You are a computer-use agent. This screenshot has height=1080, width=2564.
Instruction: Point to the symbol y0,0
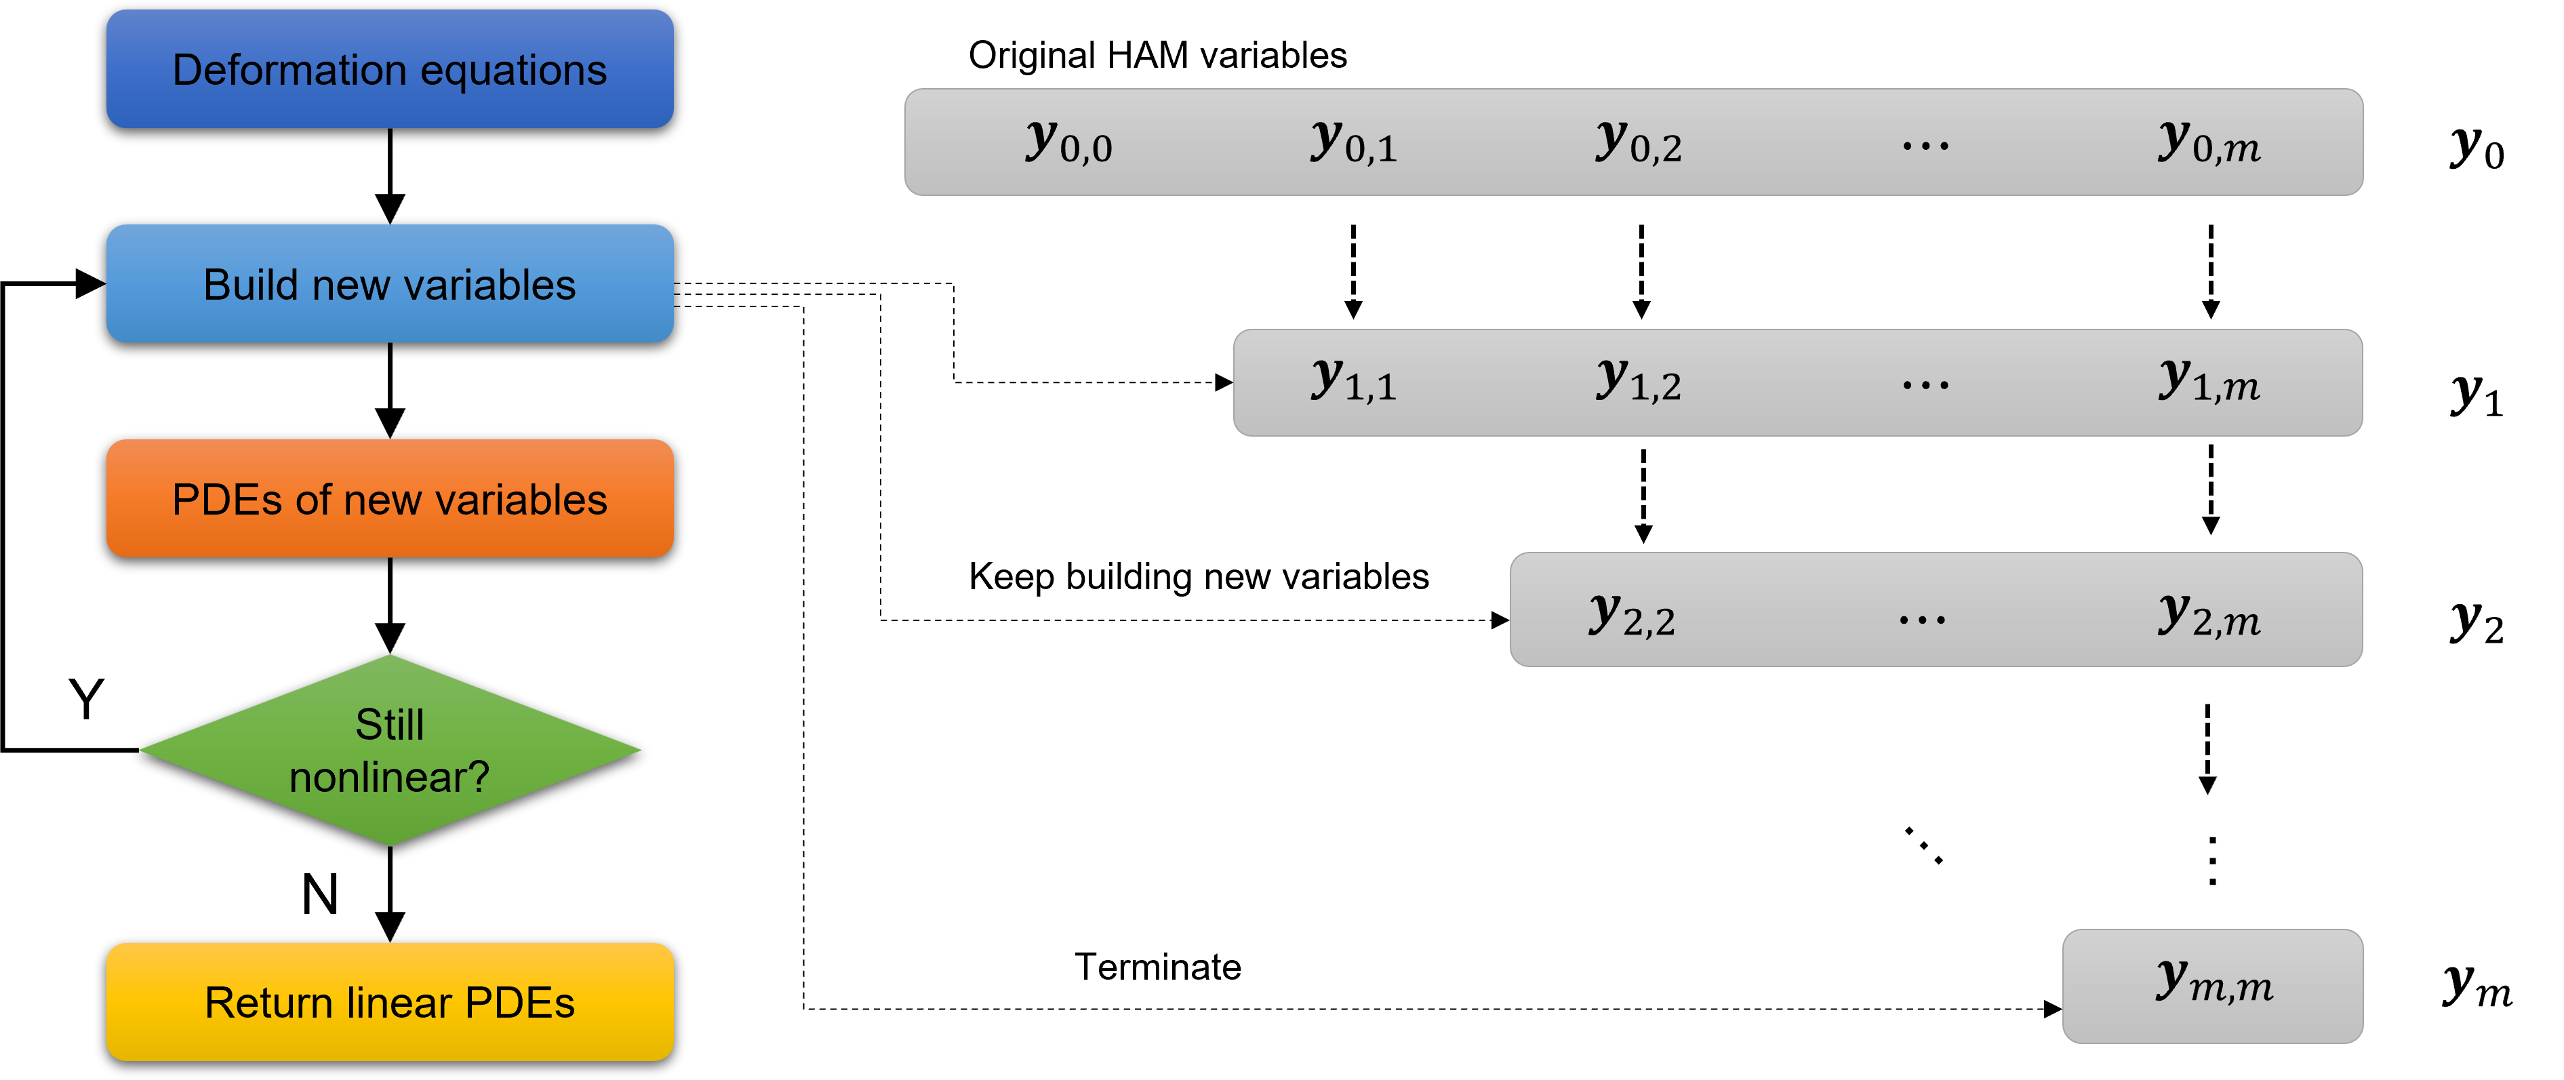(1068, 142)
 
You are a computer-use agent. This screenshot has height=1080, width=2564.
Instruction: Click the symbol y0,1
(1354, 142)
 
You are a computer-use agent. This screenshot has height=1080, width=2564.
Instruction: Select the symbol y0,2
(1639, 142)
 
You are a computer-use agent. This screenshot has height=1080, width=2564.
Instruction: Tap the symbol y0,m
(2209, 142)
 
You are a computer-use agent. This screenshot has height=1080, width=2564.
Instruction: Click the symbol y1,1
(1354, 381)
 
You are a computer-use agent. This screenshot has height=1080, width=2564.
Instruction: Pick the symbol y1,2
(1639, 381)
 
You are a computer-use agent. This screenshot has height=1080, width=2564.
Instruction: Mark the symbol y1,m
(2209, 381)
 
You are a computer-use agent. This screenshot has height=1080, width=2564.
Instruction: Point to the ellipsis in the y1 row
(1925, 385)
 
